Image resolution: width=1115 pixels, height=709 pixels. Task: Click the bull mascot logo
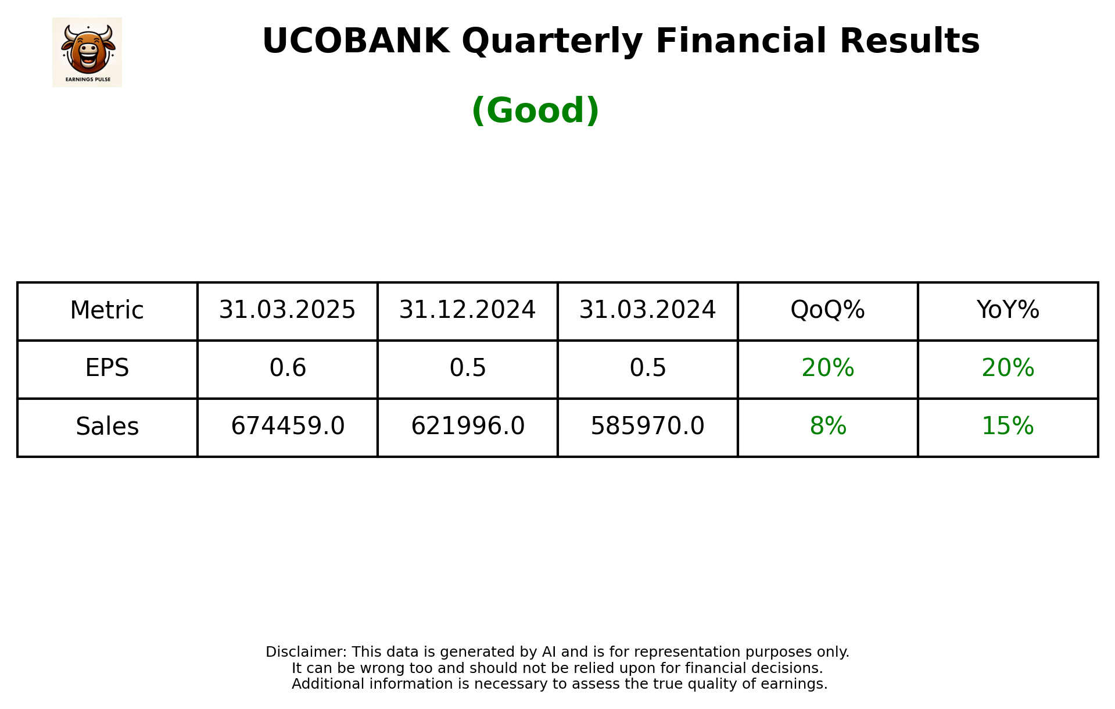click(87, 52)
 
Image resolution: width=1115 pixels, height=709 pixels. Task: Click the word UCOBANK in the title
click(356, 41)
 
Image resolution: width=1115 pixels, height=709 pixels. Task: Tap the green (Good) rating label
click(535, 110)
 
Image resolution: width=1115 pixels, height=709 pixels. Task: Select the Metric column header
click(107, 310)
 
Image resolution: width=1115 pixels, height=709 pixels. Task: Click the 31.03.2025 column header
click(287, 310)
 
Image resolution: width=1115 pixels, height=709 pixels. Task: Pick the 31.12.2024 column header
click(467, 310)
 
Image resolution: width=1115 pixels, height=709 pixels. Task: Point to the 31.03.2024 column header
click(647, 310)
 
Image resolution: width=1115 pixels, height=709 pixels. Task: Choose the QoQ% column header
click(827, 310)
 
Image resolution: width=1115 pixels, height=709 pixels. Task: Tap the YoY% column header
click(1008, 310)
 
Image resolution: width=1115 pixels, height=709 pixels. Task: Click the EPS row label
click(107, 368)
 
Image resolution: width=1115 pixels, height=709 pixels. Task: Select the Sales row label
click(107, 427)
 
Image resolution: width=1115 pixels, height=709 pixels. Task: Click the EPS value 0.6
click(287, 368)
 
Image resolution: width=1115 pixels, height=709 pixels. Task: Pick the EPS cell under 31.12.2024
click(467, 368)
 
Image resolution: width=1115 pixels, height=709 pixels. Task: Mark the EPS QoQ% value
click(827, 368)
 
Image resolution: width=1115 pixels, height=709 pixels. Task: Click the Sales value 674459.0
click(287, 427)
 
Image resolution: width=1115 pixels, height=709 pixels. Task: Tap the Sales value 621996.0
click(467, 427)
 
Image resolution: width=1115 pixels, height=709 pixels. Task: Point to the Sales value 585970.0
click(647, 427)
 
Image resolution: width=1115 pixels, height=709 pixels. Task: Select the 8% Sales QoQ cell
click(827, 427)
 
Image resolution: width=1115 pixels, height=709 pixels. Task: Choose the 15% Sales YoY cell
click(1008, 427)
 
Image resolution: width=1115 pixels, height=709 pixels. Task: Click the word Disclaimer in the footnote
click(306, 652)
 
